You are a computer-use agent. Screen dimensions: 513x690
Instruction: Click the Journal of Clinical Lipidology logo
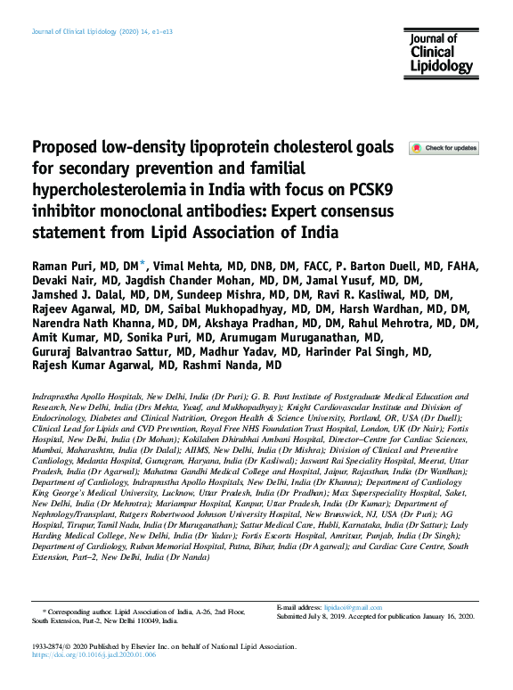tap(439, 53)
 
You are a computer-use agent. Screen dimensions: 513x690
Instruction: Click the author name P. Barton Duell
tap(386, 267)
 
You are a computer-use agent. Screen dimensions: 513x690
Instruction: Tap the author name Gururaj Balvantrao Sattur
tap(102, 349)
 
